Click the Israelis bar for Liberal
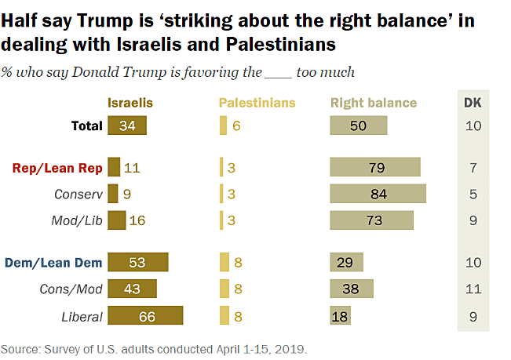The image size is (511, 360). pyautogui.click(x=145, y=316)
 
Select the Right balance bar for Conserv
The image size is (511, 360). pyautogui.click(x=378, y=194)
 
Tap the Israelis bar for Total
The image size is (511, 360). pyautogui.click(x=127, y=125)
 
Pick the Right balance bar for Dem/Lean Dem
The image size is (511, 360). pyautogui.click(x=347, y=263)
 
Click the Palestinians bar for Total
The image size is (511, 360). pyautogui.click(x=223, y=125)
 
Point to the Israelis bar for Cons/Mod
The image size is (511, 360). pyautogui.click(x=132, y=289)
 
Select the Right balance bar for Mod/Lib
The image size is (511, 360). pyautogui.click(x=372, y=220)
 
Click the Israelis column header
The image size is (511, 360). pyautogui.click(x=130, y=103)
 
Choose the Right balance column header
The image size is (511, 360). pyautogui.click(x=374, y=103)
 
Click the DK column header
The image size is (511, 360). pyautogui.click(x=473, y=103)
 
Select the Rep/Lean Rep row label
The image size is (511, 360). pyautogui.click(x=57, y=167)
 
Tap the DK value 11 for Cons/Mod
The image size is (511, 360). pyautogui.click(x=473, y=289)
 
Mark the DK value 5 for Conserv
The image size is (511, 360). pyautogui.click(x=473, y=194)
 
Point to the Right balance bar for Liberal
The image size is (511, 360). pyautogui.click(x=341, y=316)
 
